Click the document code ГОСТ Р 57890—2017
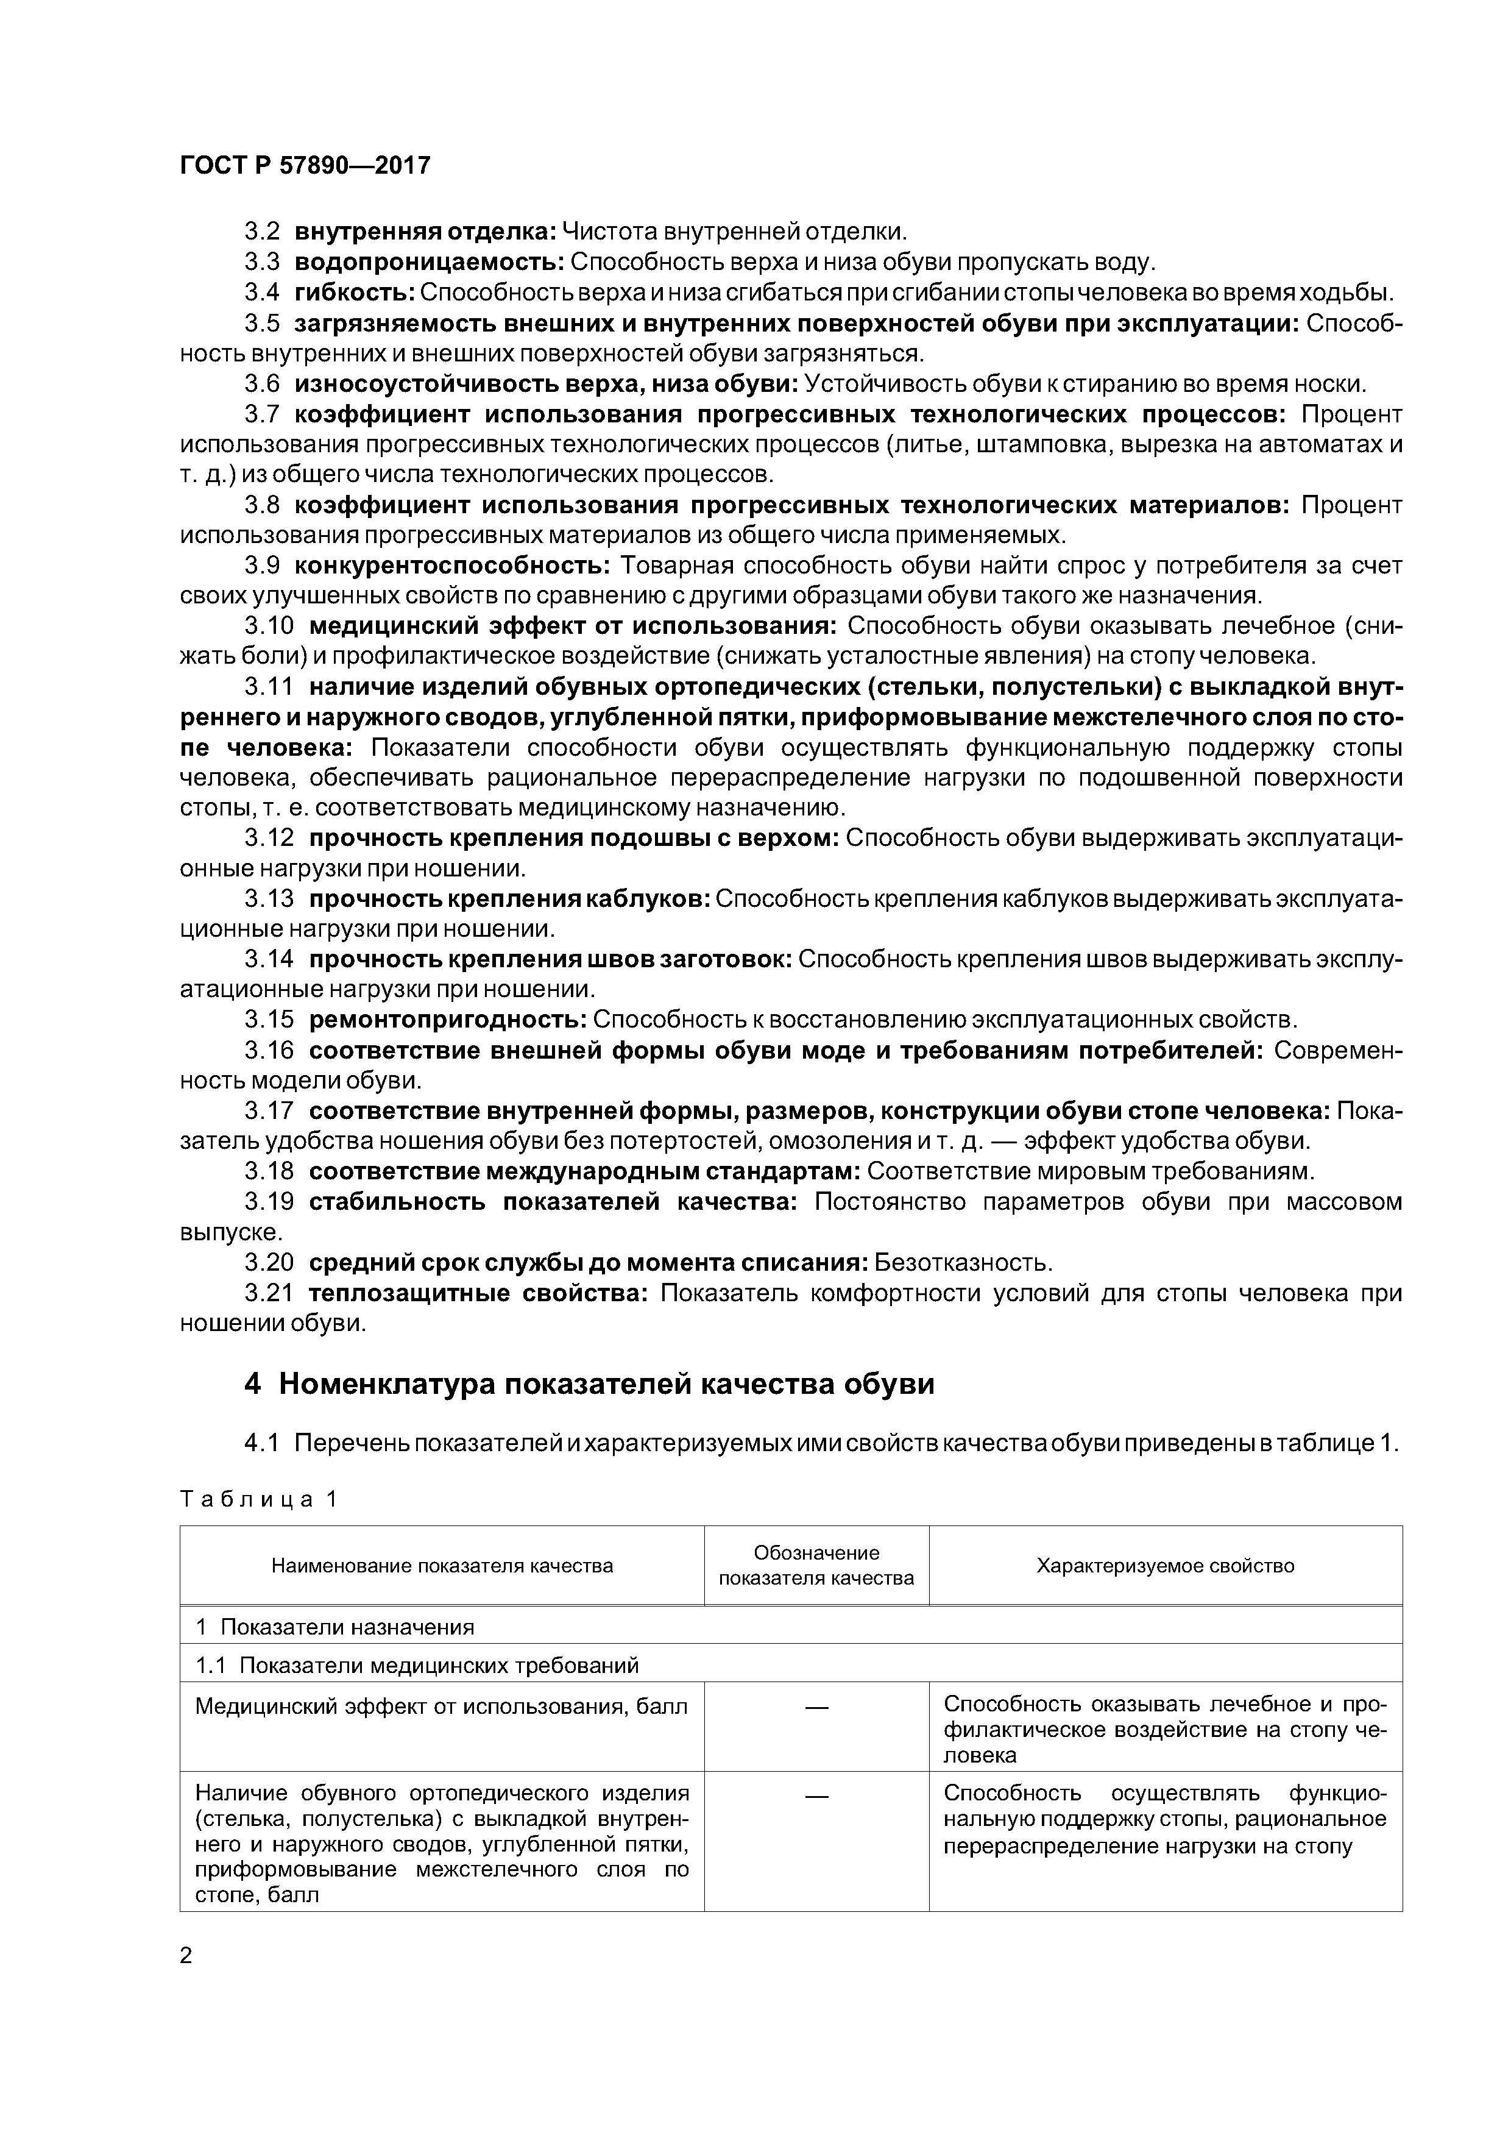(305, 166)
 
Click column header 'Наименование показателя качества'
(442, 1565)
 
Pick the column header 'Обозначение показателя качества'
(816, 1565)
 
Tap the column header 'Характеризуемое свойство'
(1166, 1565)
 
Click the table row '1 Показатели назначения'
(335, 1627)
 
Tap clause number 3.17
(269, 1111)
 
